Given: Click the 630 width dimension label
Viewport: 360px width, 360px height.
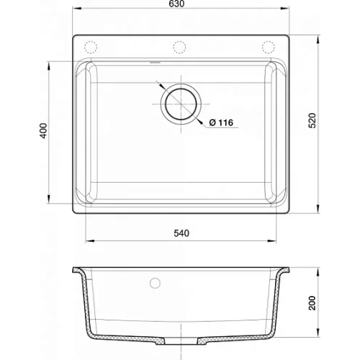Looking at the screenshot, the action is pos(176,4).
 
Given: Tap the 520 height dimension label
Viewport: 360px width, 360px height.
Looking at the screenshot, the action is pos(312,120).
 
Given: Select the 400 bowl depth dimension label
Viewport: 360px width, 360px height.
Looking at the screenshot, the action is pos(43,130).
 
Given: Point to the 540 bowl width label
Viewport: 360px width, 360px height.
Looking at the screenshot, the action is pos(181,233).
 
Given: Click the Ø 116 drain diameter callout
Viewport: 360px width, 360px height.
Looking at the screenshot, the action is pos(221,122).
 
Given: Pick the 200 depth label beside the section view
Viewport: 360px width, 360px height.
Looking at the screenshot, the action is pos(312,303).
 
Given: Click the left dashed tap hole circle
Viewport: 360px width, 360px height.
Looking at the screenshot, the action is pos(91,48).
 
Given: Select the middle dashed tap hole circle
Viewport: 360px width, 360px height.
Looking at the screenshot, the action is pos(179,48).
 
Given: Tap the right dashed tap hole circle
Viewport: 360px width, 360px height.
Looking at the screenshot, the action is pos(269,48).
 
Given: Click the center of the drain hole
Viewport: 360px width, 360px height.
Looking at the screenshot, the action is pos(181,104).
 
